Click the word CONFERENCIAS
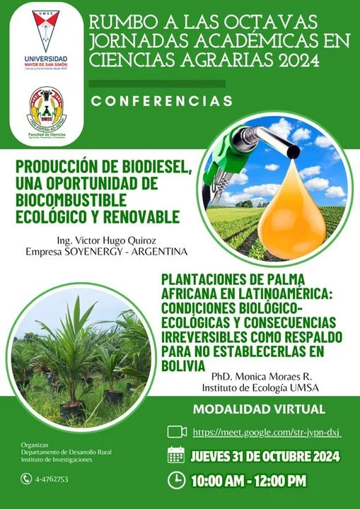click(x=162, y=101)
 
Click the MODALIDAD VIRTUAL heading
click(x=259, y=409)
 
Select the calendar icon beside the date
click(x=176, y=455)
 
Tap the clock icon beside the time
click(x=176, y=480)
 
